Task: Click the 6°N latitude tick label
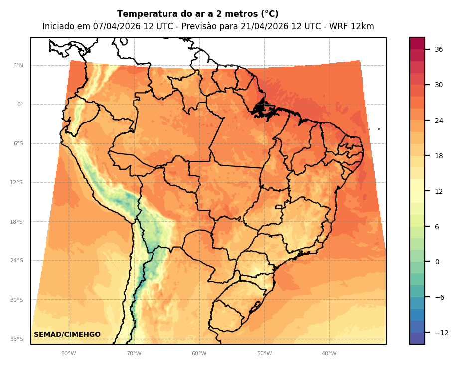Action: (18, 65)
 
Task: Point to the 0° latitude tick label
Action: (20, 105)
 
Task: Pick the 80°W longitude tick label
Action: (69, 354)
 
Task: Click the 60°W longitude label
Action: (199, 354)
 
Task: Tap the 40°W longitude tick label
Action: (329, 354)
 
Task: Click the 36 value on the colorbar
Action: (439, 49)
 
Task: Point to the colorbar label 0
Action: (437, 262)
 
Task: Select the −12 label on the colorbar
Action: (441, 333)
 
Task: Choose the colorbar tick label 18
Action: (439, 156)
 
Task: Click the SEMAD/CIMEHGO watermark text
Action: (67, 335)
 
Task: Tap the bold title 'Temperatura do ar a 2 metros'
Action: (197, 14)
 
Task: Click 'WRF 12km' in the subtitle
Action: (354, 27)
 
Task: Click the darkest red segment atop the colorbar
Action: (417, 43)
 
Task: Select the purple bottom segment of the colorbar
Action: (417, 338)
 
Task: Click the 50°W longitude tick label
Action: (265, 354)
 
